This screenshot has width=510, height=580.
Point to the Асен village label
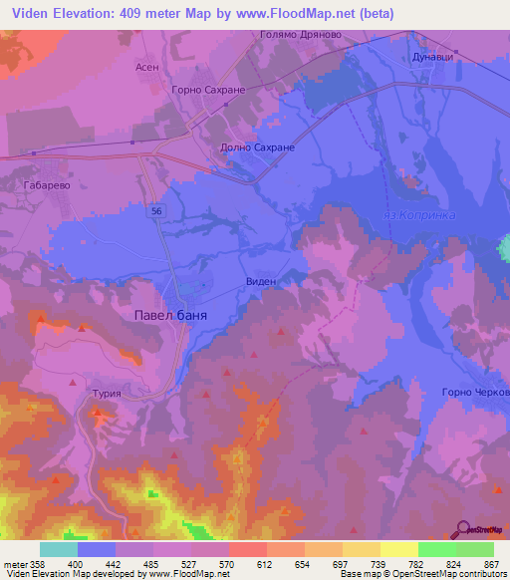[147, 67]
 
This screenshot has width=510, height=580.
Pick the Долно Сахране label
[257, 146]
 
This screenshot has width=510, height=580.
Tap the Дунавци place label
[433, 57]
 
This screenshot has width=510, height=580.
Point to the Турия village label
[106, 394]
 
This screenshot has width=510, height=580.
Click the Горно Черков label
[474, 392]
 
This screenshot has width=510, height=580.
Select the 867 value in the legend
[492, 564]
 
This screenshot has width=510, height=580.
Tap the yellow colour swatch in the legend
[398, 549]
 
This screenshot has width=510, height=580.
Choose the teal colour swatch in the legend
[59, 549]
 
